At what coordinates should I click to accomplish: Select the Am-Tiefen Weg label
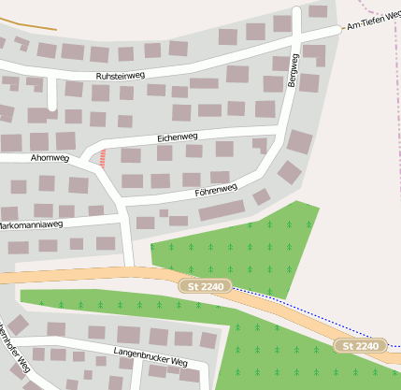373,24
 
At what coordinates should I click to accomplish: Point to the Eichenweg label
178,137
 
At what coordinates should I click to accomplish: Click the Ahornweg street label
50,158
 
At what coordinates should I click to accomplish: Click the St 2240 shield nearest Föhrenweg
205,285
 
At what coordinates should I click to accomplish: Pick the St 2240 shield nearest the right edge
361,346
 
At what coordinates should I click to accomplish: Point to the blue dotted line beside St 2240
308,309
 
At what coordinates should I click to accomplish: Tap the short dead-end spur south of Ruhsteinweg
52,94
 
